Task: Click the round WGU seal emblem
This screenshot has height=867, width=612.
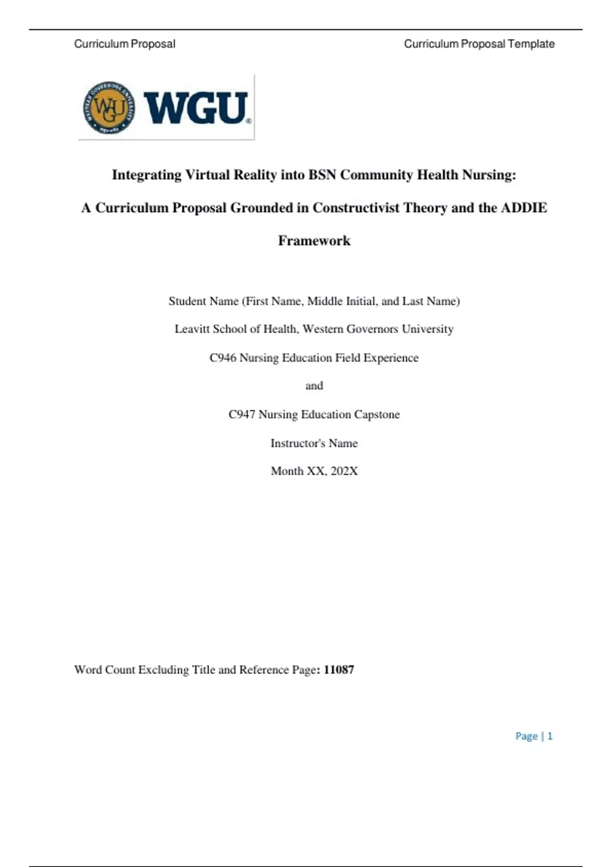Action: click(x=109, y=108)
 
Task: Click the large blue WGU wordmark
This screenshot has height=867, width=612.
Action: click(x=197, y=108)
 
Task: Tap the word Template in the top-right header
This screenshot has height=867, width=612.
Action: click(x=531, y=44)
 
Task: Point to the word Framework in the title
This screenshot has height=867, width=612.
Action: click(x=314, y=240)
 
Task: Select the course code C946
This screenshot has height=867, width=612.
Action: click(x=223, y=358)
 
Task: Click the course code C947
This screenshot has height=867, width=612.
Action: click(x=242, y=414)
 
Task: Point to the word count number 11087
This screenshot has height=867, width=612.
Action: click(x=339, y=670)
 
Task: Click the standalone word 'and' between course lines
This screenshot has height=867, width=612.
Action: click(x=314, y=386)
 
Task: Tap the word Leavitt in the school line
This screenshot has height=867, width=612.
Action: click(x=192, y=329)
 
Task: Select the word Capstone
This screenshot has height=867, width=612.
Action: click(x=377, y=414)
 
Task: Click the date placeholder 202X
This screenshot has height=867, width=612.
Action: click(x=344, y=471)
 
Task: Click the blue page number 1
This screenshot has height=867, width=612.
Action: click(x=550, y=736)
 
